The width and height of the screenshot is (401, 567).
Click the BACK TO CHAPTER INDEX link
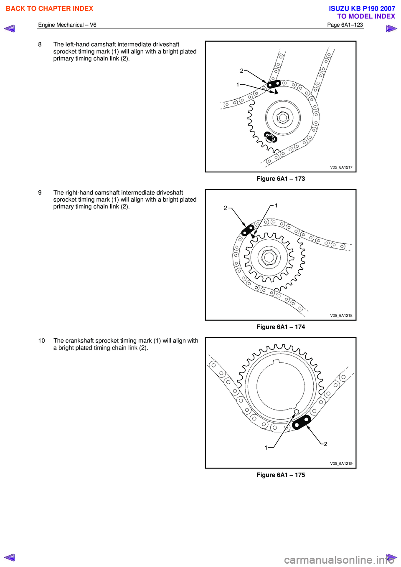pos(49,8)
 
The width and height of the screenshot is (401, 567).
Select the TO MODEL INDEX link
pos(366,16)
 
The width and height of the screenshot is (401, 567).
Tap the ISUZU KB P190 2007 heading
pos(362,8)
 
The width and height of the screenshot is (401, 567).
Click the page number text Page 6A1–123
pos(345,25)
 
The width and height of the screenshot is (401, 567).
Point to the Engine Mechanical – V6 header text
pos(67,25)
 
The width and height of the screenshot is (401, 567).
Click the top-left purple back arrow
pos(10,28)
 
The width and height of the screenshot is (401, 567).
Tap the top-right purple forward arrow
pos(391,28)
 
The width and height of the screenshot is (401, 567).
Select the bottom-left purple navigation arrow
pos(10,557)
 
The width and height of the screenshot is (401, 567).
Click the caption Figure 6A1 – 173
pos(281,179)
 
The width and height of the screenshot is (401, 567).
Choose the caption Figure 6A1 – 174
pos(281,327)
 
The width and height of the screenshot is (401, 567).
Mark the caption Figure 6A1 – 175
pos(281,475)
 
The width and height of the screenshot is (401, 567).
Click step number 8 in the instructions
pos(40,44)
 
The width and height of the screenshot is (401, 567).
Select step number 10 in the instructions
pos(42,341)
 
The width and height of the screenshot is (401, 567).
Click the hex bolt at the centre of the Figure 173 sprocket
pos(283,118)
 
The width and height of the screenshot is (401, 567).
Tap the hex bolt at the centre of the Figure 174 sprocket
pos(269,258)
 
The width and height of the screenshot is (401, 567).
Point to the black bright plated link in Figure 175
pos(302,423)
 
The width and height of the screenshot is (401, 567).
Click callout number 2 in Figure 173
pos(241,71)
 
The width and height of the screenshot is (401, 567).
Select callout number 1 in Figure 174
pos(276,205)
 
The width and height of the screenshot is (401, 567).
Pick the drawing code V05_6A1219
pos(341,463)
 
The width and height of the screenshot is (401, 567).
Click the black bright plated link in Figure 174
pos(248,230)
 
